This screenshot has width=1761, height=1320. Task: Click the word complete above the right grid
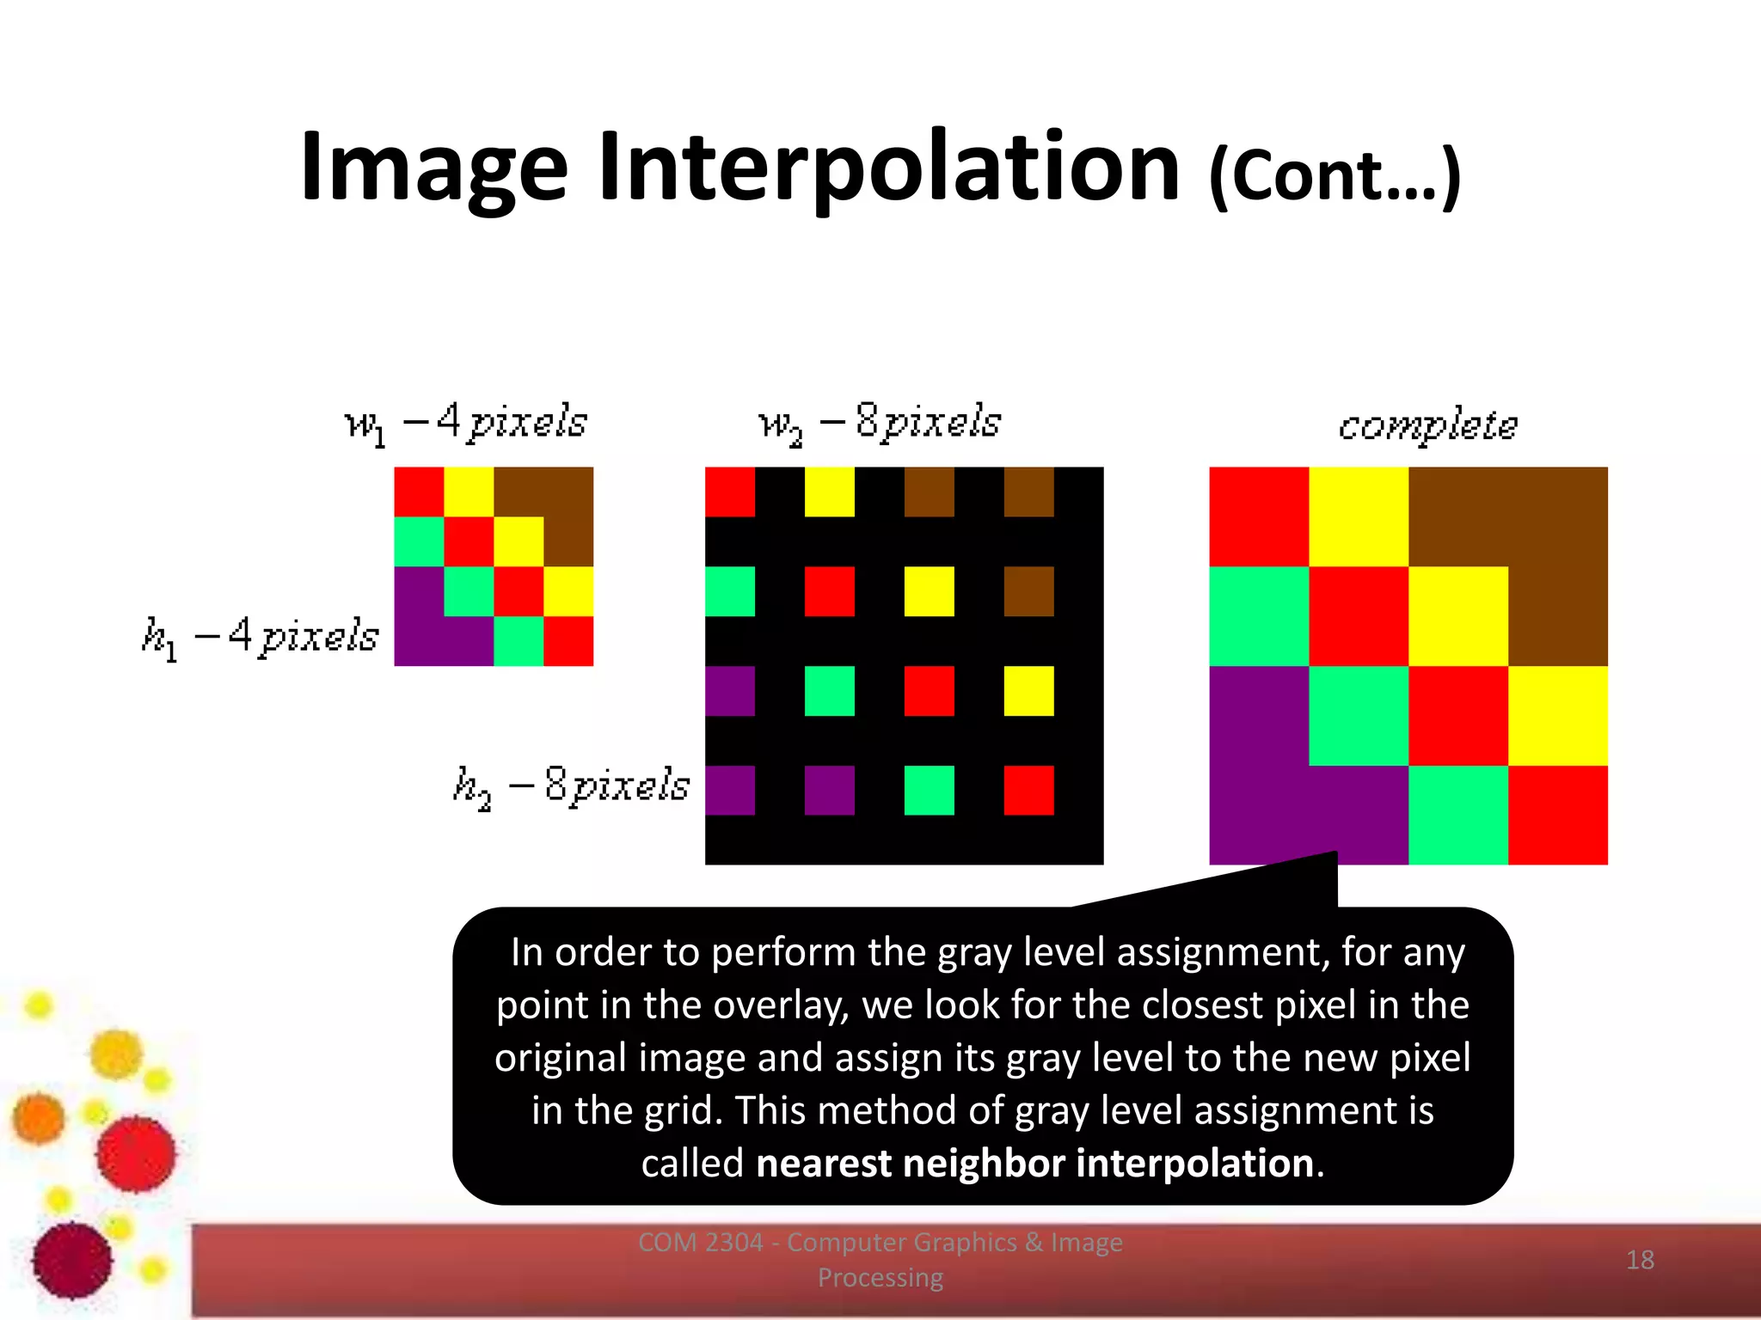(x=1427, y=425)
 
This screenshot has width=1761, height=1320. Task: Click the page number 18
(x=1640, y=1260)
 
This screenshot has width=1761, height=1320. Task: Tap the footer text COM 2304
(x=701, y=1243)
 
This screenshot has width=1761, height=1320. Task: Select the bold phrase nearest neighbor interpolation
(x=1034, y=1164)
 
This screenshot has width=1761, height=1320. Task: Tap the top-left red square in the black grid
(x=730, y=492)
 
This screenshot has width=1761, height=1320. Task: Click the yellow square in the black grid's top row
(x=830, y=492)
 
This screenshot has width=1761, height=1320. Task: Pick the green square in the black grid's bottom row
(x=929, y=790)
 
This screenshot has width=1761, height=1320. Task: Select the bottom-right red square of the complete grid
(x=1557, y=814)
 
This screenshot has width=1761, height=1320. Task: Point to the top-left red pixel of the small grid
(x=419, y=492)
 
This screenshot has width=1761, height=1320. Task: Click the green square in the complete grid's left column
(x=1259, y=616)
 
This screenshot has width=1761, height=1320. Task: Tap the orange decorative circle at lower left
(x=39, y=1119)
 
